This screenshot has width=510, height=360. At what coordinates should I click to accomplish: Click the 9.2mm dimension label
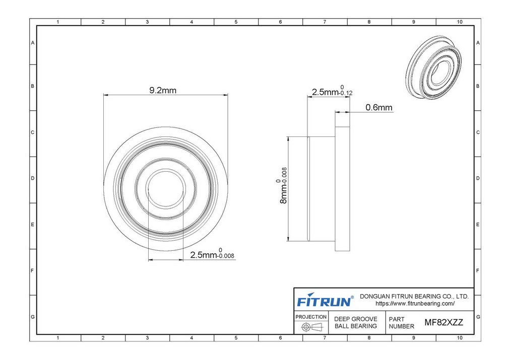tap(163, 90)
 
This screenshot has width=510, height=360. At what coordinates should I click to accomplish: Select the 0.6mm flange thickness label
tap(379, 107)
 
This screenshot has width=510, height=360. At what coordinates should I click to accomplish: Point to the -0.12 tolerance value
tap(345, 93)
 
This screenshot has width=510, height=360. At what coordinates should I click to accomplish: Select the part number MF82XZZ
tap(443, 322)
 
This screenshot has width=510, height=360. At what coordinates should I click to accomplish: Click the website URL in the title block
tap(415, 304)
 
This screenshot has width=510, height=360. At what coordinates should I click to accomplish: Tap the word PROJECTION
tap(311, 317)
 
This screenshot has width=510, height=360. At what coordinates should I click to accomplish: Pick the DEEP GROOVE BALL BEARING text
tap(355, 322)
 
